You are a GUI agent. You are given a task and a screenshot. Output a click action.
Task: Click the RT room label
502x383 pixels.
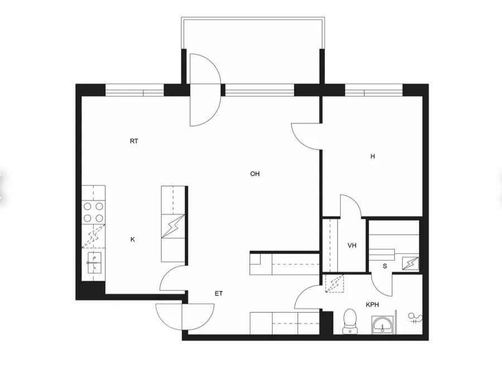134,141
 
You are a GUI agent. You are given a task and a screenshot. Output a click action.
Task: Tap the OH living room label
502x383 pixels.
255,174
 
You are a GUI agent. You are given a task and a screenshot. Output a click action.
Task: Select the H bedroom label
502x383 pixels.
373,156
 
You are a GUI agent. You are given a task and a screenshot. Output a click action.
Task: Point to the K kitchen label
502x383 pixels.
133,240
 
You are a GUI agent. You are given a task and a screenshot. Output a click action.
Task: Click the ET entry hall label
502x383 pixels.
219,294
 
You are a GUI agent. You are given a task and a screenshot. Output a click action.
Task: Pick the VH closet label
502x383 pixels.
352,246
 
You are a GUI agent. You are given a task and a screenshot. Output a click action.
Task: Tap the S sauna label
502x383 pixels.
385,266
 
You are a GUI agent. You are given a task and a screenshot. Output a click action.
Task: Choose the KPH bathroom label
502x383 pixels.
373,304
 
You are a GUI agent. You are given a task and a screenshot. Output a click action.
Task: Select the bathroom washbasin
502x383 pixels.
382,325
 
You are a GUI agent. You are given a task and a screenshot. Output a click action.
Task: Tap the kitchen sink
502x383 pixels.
94,263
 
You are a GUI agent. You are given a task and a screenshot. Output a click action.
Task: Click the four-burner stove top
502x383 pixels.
94,212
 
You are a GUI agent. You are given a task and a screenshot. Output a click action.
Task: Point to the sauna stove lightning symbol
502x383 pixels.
411,264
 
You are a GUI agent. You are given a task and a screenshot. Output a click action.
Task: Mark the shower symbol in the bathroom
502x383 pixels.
415,318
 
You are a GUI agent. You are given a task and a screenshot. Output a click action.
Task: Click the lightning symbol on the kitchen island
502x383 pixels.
173,226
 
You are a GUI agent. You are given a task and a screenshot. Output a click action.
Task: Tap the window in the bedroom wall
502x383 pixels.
374,90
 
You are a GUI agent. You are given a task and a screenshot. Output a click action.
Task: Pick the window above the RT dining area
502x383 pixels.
134,90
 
